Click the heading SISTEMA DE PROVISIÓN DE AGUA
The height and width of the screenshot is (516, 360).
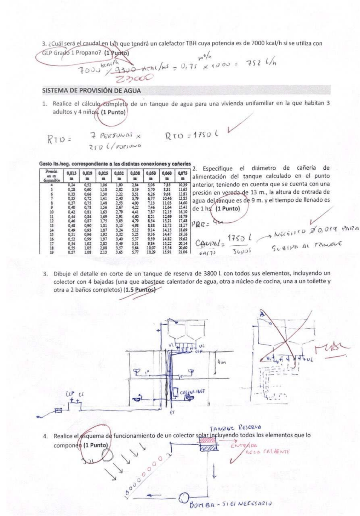(91, 90)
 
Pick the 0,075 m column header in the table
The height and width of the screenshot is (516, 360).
(183, 174)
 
